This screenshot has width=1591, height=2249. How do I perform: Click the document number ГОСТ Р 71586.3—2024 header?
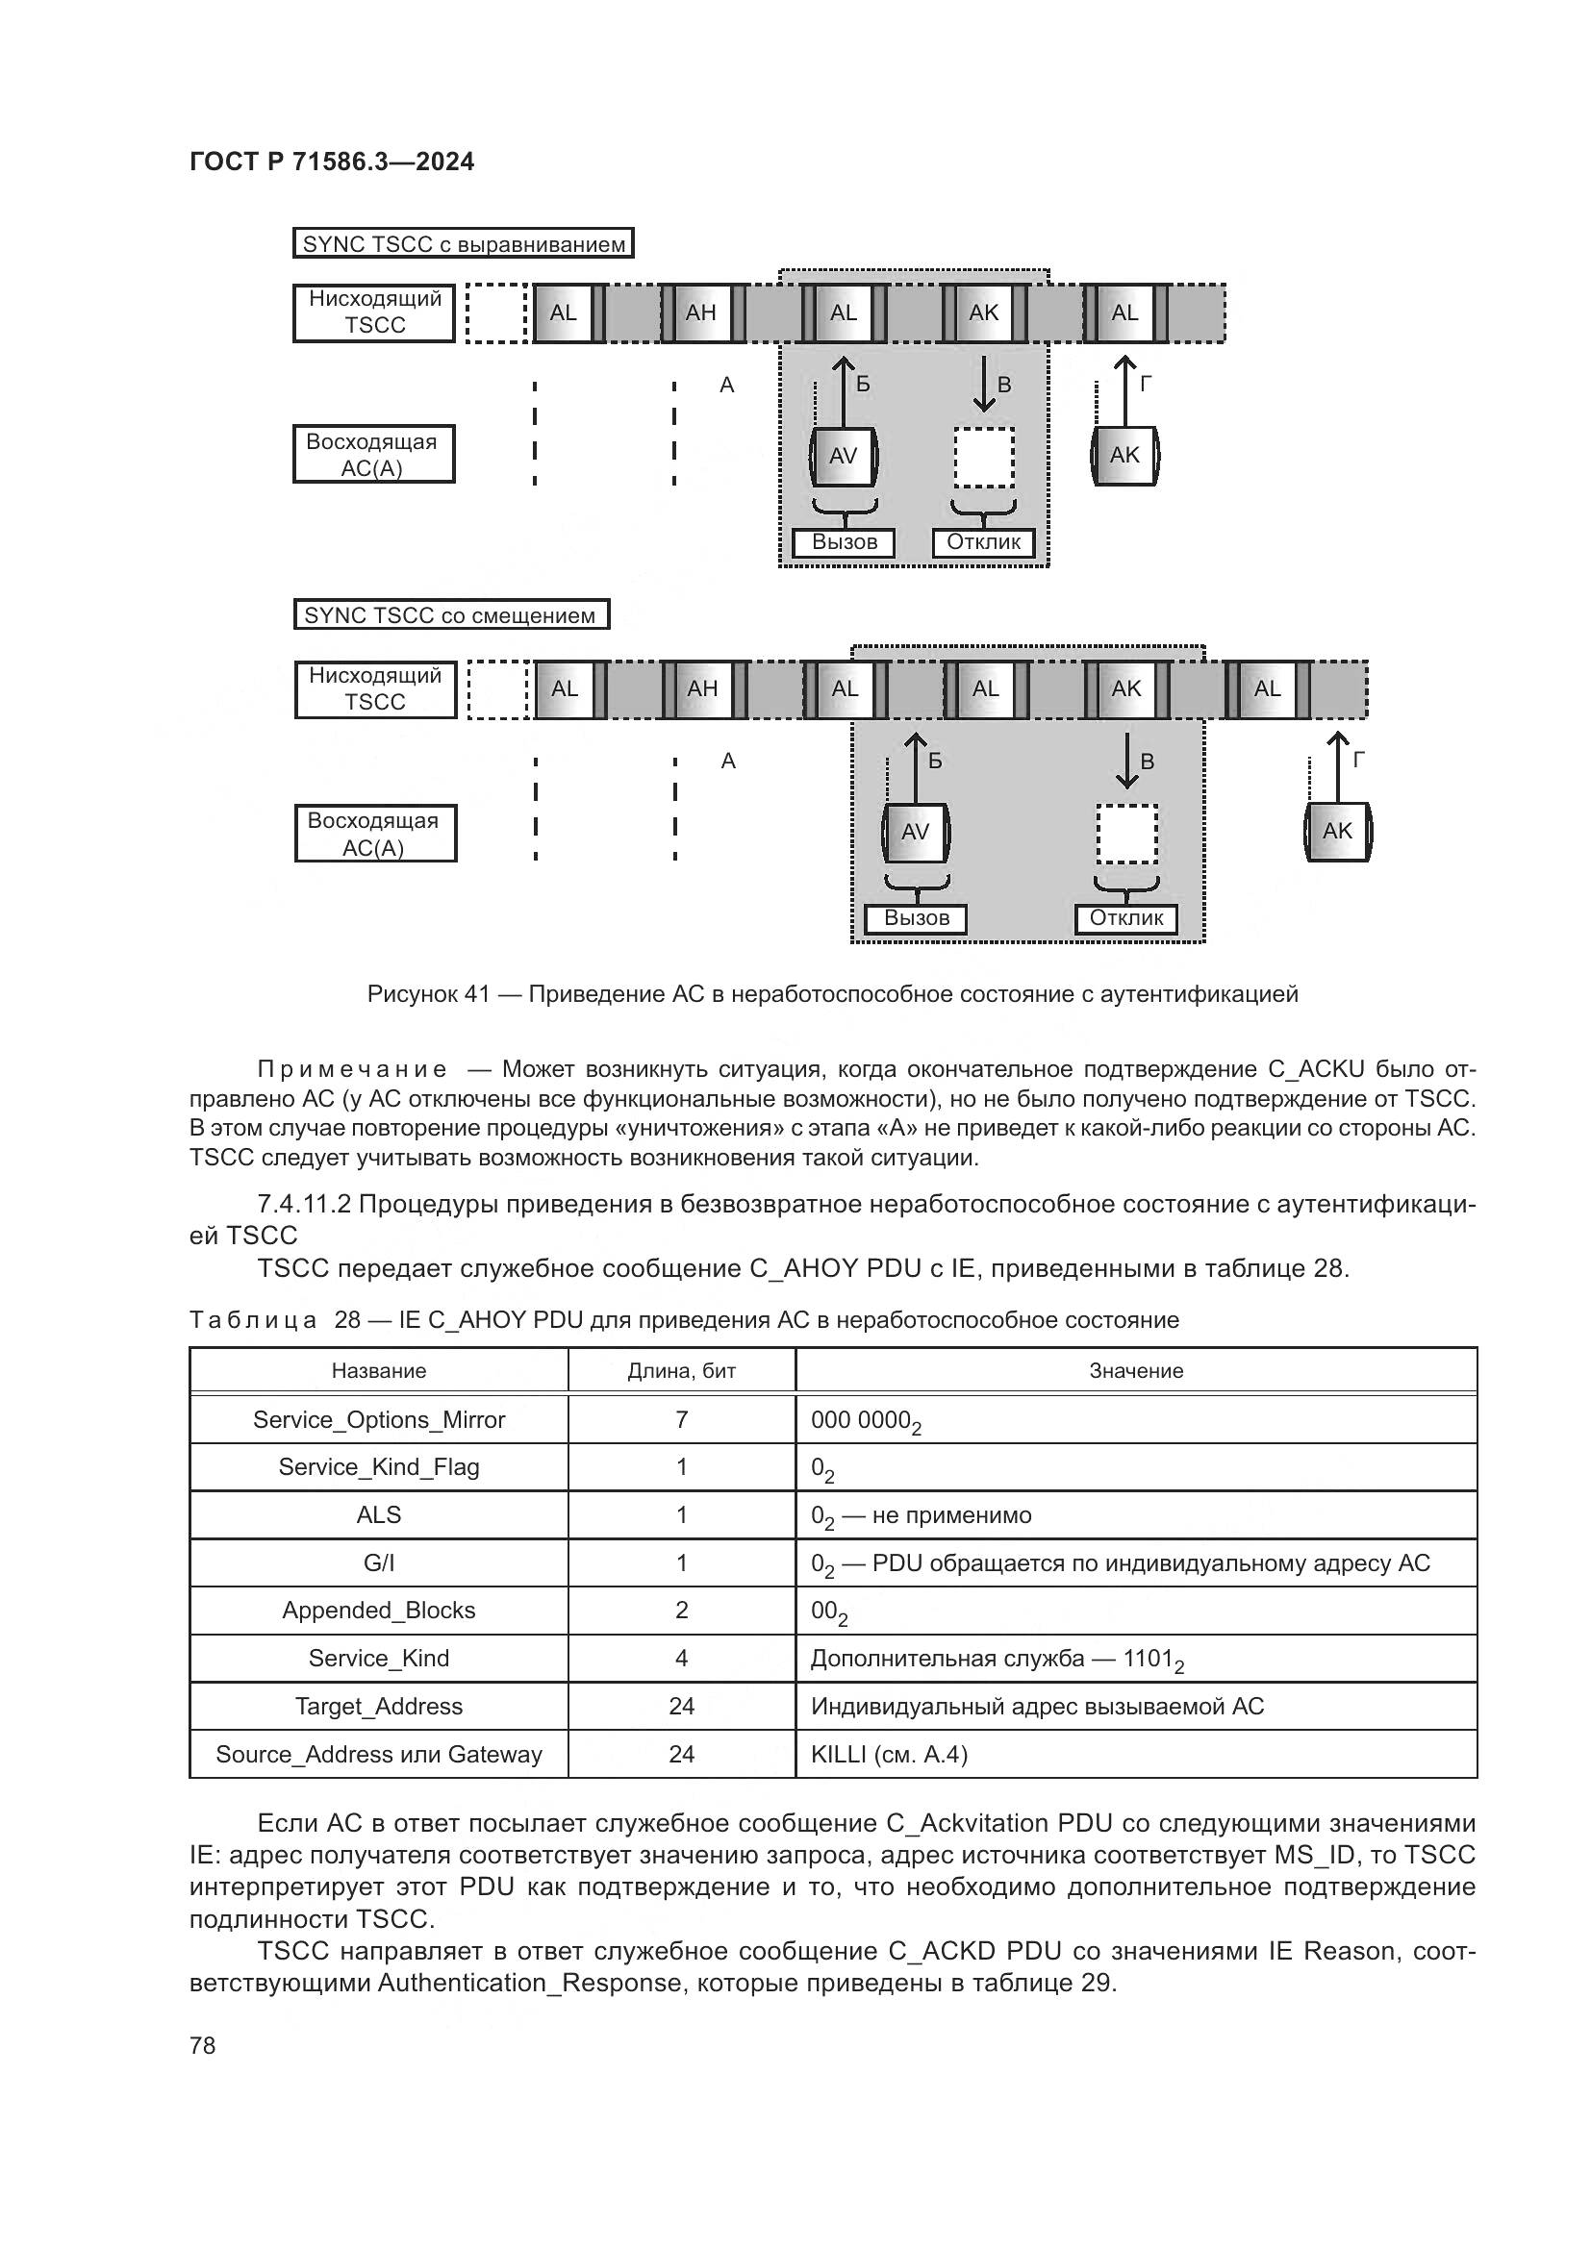(331, 162)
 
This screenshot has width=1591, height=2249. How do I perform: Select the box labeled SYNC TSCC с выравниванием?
(464, 244)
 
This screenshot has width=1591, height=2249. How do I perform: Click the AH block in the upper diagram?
(701, 312)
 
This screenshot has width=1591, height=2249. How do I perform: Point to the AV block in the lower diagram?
(915, 832)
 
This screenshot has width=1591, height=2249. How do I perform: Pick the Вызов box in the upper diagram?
(844, 542)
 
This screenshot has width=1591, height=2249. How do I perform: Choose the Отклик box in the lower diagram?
(1125, 919)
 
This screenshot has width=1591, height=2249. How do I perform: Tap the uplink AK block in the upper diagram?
(1124, 456)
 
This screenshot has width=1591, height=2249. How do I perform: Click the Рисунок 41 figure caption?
(832, 994)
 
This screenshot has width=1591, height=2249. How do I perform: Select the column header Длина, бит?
(681, 1370)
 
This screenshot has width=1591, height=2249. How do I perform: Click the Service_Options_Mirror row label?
(378, 1419)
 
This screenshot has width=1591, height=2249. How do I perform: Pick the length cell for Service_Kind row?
(681, 1659)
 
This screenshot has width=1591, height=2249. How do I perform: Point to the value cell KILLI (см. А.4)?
(889, 1755)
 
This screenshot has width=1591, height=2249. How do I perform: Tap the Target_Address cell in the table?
(378, 1707)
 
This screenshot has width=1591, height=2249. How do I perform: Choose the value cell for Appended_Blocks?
(829, 1612)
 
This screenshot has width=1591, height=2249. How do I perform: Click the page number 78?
(203, 2045)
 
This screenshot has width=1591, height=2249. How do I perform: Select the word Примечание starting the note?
(352, 1068)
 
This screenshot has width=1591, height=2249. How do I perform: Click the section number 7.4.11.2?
(304, 1204)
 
